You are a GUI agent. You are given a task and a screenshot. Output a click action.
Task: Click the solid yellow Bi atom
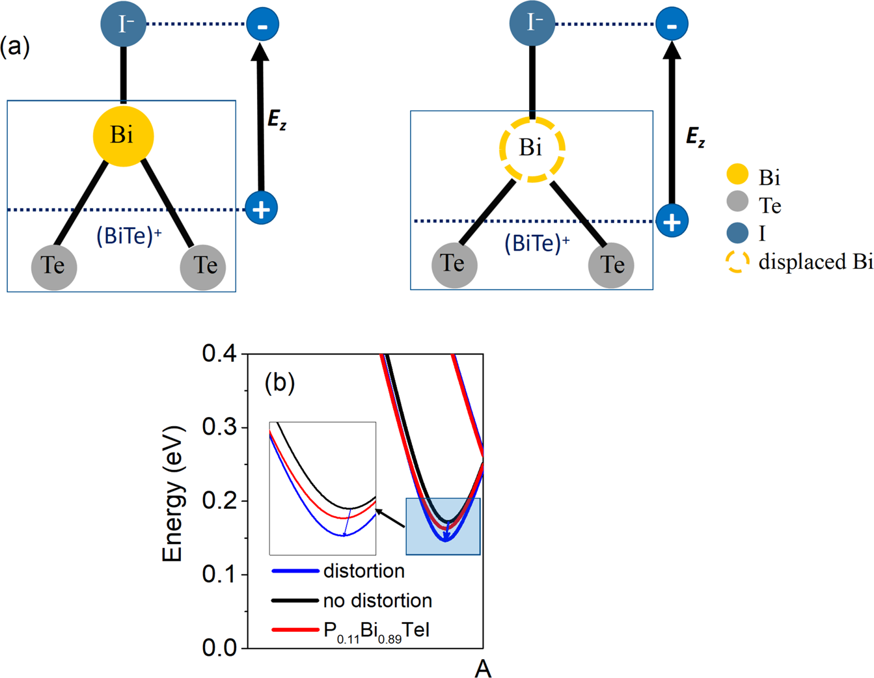[x=123, y=136]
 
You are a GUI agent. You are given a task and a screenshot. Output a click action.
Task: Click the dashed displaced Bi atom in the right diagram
[x=532, y=149]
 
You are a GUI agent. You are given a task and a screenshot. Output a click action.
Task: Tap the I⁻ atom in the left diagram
[x=123, y=25]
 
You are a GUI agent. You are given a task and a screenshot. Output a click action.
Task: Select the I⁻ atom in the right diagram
[x=532, y=24]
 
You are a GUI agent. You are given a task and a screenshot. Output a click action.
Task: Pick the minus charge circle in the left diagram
[x=262, y=25]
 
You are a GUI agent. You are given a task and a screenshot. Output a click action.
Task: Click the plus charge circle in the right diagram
[x=672, y=221]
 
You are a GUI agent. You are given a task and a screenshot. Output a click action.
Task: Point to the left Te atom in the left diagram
[x=54, y=267]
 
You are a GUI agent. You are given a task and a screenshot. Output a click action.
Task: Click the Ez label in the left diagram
[x=277, y=120]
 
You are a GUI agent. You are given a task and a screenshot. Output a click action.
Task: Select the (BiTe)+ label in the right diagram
[x=537, y=243]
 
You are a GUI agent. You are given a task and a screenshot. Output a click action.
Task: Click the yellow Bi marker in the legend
[x=737, y=175]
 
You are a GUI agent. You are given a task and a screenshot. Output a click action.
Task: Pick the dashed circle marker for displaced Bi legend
[x=737, y=262]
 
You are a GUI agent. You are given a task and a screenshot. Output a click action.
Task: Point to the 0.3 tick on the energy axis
[x=221, y=427]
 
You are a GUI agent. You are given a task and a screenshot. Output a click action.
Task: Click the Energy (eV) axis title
[x=174, y=495]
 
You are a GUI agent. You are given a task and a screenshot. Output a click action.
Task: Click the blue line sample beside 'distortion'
[x=295, y=571]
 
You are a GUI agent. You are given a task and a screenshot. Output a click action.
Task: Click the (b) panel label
[x=280, y=383]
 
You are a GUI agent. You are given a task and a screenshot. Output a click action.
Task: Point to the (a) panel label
[x=15, y=47]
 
